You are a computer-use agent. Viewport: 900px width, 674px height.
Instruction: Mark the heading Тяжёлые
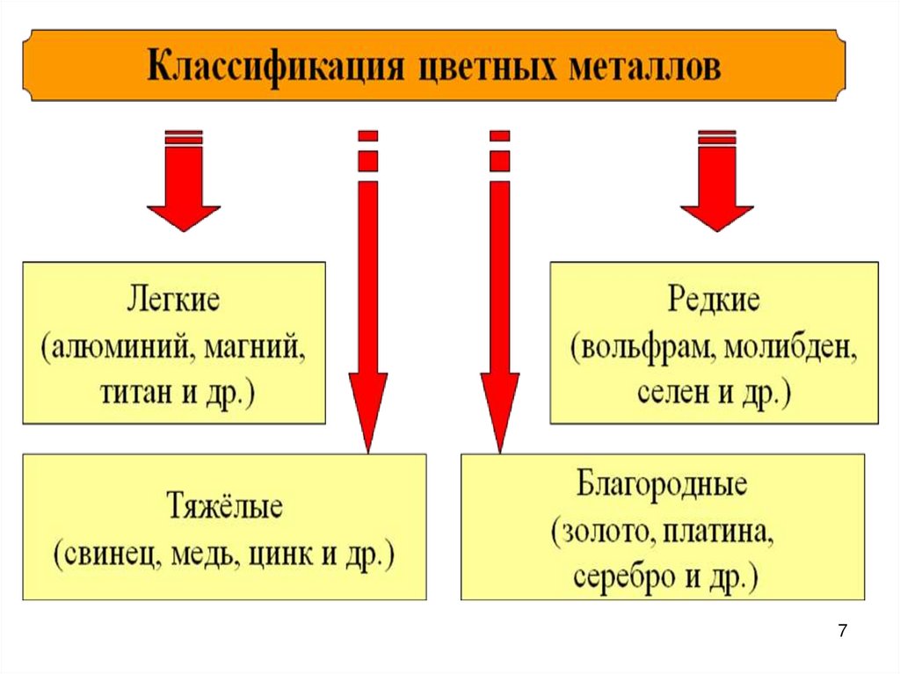(224, 508)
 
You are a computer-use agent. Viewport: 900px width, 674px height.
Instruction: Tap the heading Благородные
(662, 486)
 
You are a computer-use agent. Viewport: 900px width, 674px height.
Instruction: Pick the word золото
(604, 532)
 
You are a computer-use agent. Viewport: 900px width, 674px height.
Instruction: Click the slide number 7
(843, 630)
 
